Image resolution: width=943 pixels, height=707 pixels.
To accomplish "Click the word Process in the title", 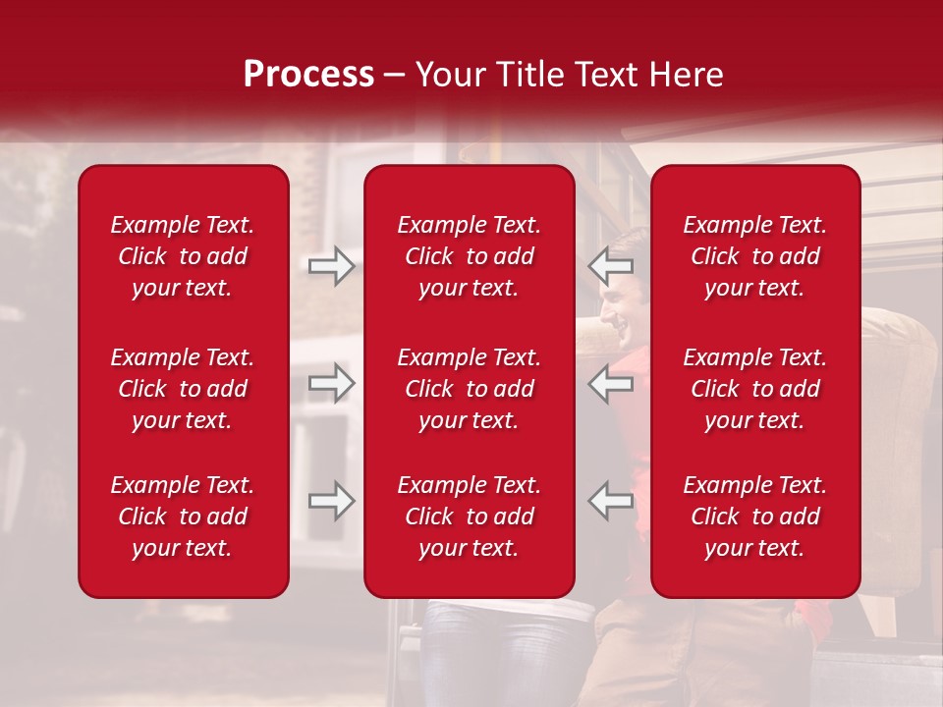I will point(308,75).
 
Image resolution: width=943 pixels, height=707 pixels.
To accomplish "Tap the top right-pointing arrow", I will point(331,265).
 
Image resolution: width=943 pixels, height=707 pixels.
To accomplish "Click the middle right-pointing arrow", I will point(331,383).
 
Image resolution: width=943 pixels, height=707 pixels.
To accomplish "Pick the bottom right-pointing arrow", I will point(331,501).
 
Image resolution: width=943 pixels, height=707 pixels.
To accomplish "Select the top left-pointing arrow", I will point(611,265).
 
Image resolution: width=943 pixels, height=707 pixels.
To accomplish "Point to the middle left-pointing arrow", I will point(611,383).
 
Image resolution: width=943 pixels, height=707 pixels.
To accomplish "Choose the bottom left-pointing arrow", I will point(611,501).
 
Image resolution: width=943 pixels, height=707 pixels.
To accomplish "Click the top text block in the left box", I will point(183,256).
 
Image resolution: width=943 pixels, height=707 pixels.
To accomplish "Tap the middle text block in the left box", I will point(183,389).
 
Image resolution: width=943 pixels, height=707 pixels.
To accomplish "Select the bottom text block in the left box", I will point(183,517).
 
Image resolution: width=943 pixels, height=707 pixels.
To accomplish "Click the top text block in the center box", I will point(470,256).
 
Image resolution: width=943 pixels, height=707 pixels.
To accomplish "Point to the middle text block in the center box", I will point(470,389).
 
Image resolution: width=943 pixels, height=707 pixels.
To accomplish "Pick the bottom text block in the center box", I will point(470,517).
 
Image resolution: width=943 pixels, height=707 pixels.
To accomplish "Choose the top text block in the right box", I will point(755,256).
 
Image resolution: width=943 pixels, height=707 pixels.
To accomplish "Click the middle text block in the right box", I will point(755,389).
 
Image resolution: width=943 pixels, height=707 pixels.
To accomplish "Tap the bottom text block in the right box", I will point(755,517).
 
